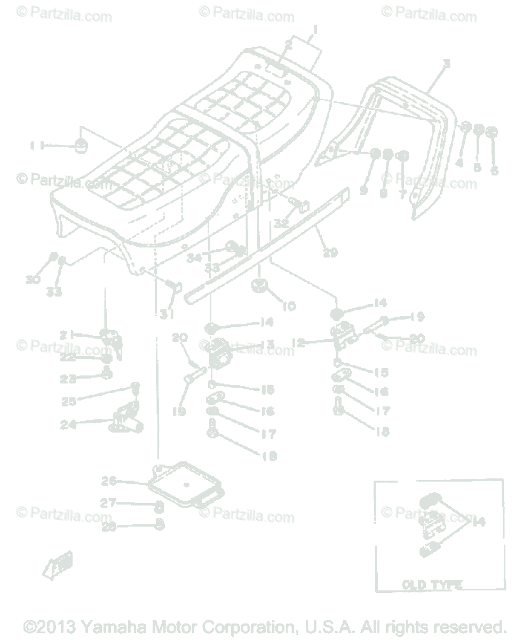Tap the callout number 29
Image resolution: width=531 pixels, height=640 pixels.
pos(330,253)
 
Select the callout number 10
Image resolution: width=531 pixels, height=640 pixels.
pos(289,306)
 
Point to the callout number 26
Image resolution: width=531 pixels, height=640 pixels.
pos(109,481)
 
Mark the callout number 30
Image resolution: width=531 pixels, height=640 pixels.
pos(33,279)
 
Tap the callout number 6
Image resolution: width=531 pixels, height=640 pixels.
pos(495,171)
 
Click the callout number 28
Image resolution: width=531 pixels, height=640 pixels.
pos(109,527)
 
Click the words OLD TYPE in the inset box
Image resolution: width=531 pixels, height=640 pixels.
pos(432,585)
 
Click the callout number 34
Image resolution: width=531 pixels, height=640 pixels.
pos(194,258)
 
